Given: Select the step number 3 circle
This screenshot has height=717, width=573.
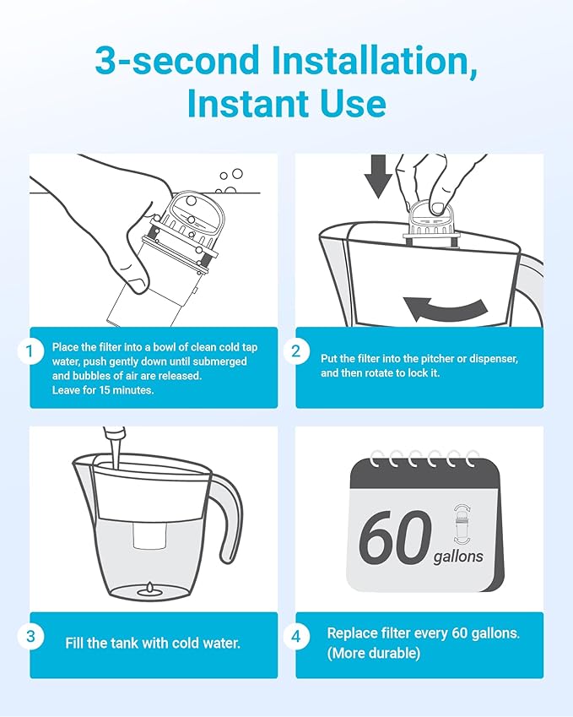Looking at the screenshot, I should pos(30,637).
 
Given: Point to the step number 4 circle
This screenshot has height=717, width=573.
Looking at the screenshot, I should pos(295,637).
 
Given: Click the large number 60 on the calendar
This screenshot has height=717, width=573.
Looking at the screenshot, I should pos(395,538).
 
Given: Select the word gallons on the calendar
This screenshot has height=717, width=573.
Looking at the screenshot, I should pos(458,557).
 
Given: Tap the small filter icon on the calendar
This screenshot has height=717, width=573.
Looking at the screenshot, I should pos(462,524).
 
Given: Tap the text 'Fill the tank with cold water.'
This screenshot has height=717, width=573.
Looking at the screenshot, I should pos(153,643).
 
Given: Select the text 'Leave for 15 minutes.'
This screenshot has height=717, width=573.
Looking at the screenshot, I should pos(103,390).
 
